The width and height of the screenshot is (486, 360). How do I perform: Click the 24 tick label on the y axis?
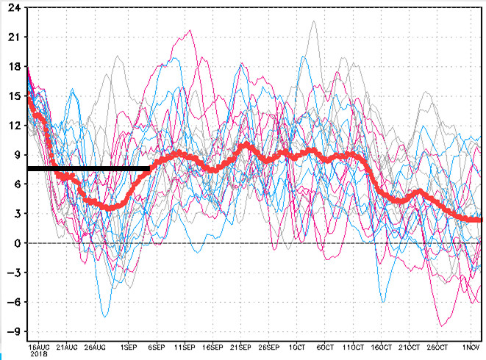(12, 8)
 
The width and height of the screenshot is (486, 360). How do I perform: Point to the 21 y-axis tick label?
(12, 37)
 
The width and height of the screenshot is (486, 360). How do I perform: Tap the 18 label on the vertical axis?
(12, 67)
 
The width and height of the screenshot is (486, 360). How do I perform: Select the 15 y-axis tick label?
(12, 96)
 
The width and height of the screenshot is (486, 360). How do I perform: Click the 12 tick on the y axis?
(12, 126)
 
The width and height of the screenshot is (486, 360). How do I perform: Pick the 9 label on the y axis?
(15, 155)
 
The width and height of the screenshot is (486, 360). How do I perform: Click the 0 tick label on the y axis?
(15, 243)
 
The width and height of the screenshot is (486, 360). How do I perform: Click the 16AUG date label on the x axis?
(38, 345)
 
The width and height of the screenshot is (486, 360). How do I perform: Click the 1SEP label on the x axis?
(128, 345)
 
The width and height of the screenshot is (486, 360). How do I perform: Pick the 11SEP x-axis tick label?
(183, 345)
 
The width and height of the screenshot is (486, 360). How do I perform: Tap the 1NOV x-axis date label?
(471, 345)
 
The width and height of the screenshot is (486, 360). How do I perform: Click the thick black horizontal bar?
(88, 169)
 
